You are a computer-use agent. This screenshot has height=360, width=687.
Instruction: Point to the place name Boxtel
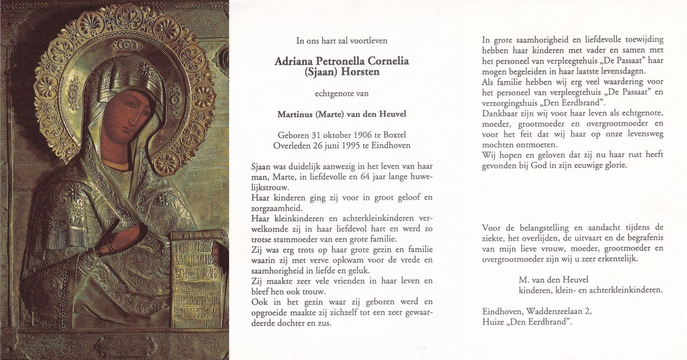click(395, 136)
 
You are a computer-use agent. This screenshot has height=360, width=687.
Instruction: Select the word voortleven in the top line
click(369, 40)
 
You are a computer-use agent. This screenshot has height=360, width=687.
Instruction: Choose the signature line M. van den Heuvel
click(553, 279)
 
